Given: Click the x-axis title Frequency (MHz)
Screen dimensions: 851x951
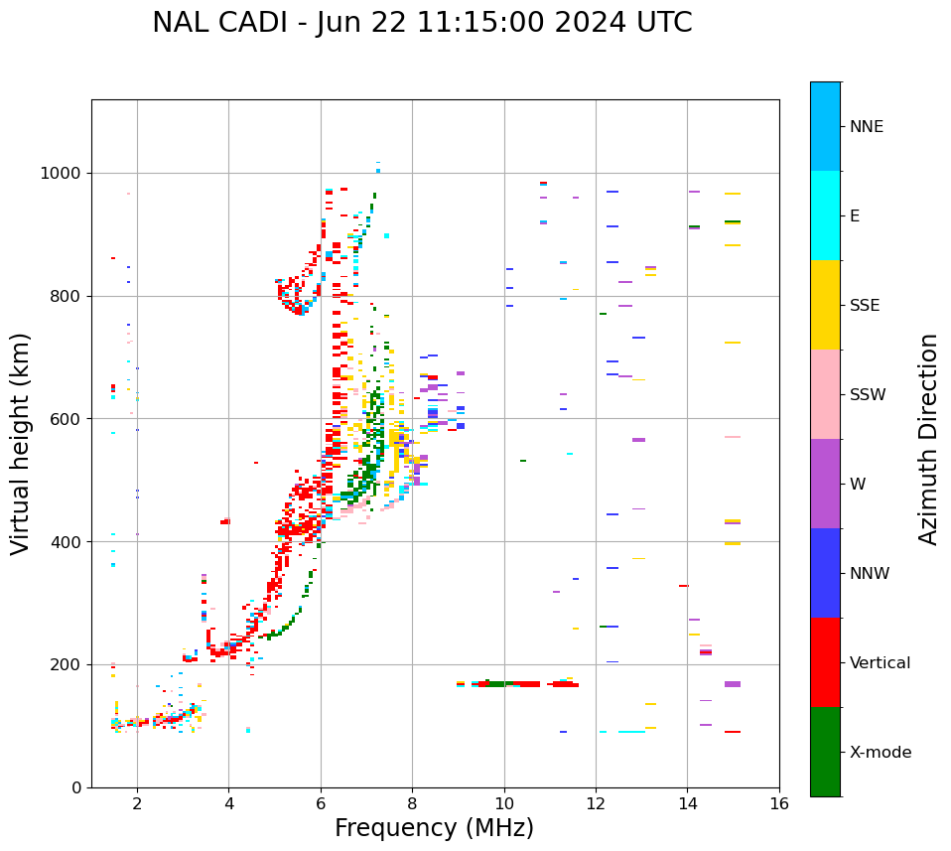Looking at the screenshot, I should [x=434, y=828].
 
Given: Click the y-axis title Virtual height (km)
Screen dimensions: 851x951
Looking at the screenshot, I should [x=21, y=443].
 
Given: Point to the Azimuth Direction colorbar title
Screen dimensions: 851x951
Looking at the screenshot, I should [x=928, y=439].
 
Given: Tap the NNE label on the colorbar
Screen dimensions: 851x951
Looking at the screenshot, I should [x=866, y=127].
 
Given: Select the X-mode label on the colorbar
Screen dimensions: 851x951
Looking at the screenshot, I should [x=880, y=753].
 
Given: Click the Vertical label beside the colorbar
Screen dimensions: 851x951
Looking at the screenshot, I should [x=880, y=663].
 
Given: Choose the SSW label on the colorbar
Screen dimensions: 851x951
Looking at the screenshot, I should [x=868, y=395].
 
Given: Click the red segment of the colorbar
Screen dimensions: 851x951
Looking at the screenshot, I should [x=825, y=662].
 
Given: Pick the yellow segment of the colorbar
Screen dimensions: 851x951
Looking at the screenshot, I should [x=825, y=305].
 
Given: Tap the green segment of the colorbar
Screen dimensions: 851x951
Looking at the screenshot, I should [x=825, y=752].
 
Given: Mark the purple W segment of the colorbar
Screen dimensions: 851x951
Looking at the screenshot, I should [x=825, y=484].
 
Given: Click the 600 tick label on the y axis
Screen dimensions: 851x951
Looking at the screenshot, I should [x=67, y=419].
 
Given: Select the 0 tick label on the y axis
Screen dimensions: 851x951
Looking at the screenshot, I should [x=76, y=787].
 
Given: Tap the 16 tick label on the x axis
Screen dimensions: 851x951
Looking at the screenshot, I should [x=779, y=803].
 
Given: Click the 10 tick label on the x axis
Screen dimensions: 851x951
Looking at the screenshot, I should [x=504, y=803].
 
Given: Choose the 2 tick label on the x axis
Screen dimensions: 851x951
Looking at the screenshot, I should [x=137, y=803].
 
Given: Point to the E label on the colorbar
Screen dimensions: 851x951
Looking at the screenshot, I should [x=855, y=216].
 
